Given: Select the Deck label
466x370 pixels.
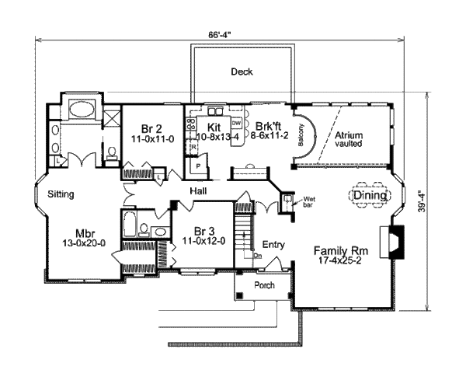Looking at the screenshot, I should click(x=242, y=72).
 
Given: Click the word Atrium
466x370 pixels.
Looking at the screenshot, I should click(x=349, y=135).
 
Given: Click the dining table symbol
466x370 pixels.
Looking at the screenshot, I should click(x=367, y=195).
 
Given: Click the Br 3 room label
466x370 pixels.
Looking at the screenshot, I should click(x=203, y=231).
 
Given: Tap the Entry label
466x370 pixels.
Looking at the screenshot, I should click(x=273, y=245).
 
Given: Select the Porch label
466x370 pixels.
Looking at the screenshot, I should click(x=265, y=285).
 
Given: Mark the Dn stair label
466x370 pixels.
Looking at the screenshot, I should click(x=259, y=254).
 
